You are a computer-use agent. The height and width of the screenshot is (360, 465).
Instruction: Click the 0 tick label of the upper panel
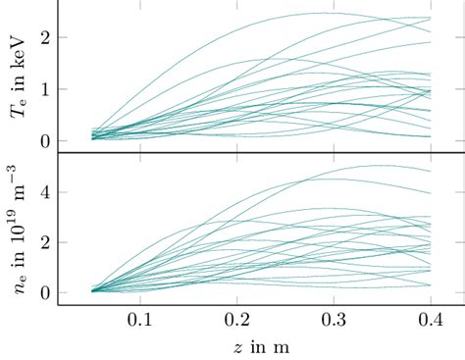pos(45,140)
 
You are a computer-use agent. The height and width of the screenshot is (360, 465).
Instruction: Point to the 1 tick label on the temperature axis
pos(45,89)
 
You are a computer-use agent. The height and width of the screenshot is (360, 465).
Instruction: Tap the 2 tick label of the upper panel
pos(45,37)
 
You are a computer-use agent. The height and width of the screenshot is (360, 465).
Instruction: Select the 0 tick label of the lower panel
pos(45,292)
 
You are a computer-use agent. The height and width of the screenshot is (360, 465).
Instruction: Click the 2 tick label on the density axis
pos(45,241)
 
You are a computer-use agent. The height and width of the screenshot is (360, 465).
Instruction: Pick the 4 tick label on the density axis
pos(45,190)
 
